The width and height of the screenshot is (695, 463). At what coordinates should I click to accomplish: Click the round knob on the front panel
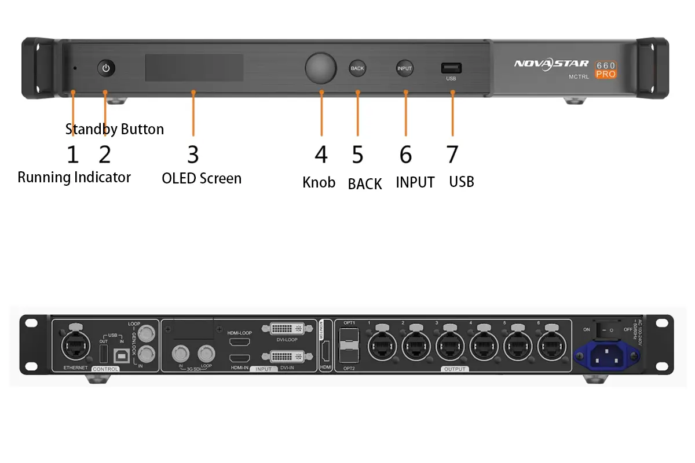tap(320, 68)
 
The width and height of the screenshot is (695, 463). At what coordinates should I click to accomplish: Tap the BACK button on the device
tap(357, 68)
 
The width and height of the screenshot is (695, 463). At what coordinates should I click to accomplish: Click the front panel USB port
tap(451, 68)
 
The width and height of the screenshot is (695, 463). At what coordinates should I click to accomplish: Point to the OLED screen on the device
tap(194, 68)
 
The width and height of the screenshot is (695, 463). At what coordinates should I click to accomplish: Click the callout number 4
tap(321, 155)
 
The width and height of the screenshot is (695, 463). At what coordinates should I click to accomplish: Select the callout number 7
tap(452, 155)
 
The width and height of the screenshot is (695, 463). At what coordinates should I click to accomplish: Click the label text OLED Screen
tap(202, 178)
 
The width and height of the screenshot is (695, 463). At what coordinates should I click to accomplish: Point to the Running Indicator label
tap(74, 177)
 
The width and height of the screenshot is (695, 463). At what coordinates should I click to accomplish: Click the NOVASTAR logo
tap(551, 64)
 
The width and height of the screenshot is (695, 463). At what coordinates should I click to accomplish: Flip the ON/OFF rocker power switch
tap(606, 329)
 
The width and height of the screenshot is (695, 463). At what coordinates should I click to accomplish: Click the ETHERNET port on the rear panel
tap(76, 348)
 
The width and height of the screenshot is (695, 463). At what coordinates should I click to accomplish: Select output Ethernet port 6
tap(548, 347)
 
